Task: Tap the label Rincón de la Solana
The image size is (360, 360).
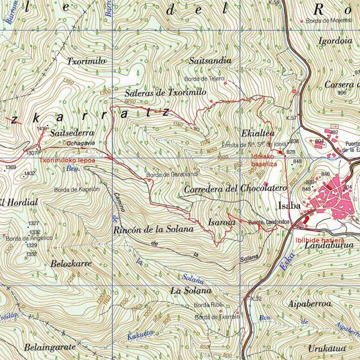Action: tap(153, 229)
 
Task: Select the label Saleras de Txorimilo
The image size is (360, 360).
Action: tap(166, 93)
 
